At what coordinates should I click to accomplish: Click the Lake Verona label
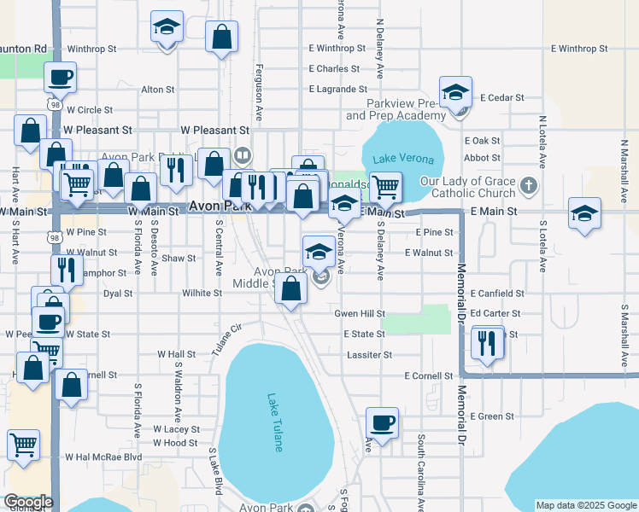click(x=403, y=160)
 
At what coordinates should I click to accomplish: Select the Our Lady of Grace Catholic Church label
click(x=467, y=188)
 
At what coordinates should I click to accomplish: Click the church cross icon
click(x=530, y=184)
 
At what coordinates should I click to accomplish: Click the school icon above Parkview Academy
click(x=456, y=92)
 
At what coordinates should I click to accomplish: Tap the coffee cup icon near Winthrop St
click(x=59, y=78)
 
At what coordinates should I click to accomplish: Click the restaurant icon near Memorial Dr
click(x=487, y=342)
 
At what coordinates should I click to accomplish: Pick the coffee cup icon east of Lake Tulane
click(x=382, y=422)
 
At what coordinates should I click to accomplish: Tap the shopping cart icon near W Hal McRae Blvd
click(x=23, y=444)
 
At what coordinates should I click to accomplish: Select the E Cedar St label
click(x=502, y=98)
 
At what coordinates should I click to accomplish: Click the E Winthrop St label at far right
click(x=579, y=49)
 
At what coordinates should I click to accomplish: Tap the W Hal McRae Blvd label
click(x=110, y=457)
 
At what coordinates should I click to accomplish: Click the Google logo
click(x=27, y=503)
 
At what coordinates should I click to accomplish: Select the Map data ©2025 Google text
click(x=585, y=505)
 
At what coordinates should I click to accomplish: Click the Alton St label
click(x=157, y=89)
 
